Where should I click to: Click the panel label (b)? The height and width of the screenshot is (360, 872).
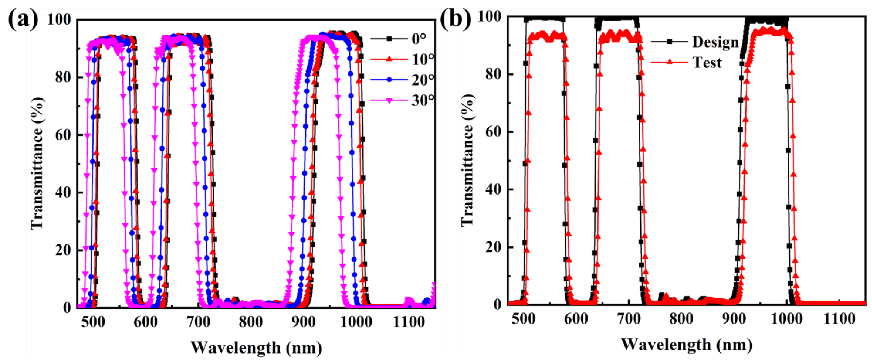(455, 18)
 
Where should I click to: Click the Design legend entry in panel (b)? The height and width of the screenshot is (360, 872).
(715, 42)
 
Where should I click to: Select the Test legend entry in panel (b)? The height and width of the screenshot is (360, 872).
(707, 62)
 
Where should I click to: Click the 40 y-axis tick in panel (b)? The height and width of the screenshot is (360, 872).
(493, 189)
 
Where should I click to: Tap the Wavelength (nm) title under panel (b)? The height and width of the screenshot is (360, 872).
(686, 345)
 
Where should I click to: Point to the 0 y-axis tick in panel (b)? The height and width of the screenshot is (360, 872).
(498, 304)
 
